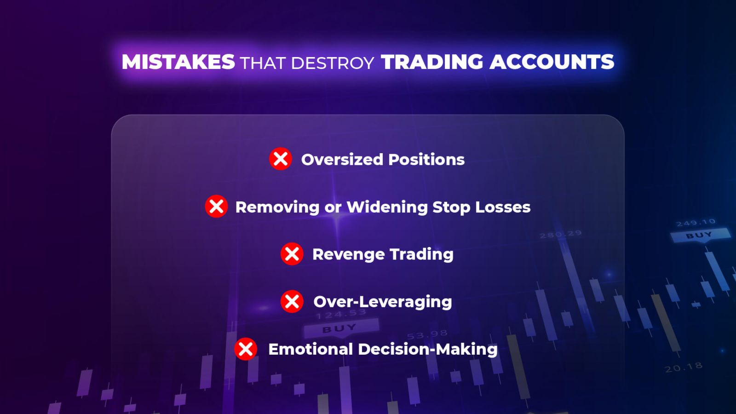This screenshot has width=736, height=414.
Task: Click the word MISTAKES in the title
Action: (x=178, y=62)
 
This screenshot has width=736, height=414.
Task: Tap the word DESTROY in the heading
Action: (x=333, y=63)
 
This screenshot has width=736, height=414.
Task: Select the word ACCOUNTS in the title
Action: (x=552, y=62)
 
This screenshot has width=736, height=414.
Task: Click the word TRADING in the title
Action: (x=432, y=62)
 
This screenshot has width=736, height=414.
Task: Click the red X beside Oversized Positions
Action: (x=280, y=159)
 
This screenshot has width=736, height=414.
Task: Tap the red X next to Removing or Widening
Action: (x=216, y=207)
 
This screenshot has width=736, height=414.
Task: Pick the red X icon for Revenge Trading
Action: (x=292, y=254)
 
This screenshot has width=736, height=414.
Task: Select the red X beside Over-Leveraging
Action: (x=292, y=301)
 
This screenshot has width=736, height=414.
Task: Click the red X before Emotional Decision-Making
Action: (x=246, y=349)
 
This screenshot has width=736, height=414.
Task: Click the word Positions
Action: (x=426, y=159)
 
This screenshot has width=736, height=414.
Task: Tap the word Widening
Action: (x=387, y=207)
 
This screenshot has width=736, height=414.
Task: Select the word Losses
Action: (x=503, y=207)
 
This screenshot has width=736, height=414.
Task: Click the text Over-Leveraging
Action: (x=383, y=302)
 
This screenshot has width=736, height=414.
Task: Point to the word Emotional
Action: (x=310, y=349)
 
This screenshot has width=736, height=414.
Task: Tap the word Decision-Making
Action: (x=427, y=349)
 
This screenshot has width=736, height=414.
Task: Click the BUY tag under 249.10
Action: (x=699, y=236)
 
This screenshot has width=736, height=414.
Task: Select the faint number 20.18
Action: (x=684, y=368)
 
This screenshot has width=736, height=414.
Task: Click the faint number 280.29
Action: (x=561, y=234)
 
